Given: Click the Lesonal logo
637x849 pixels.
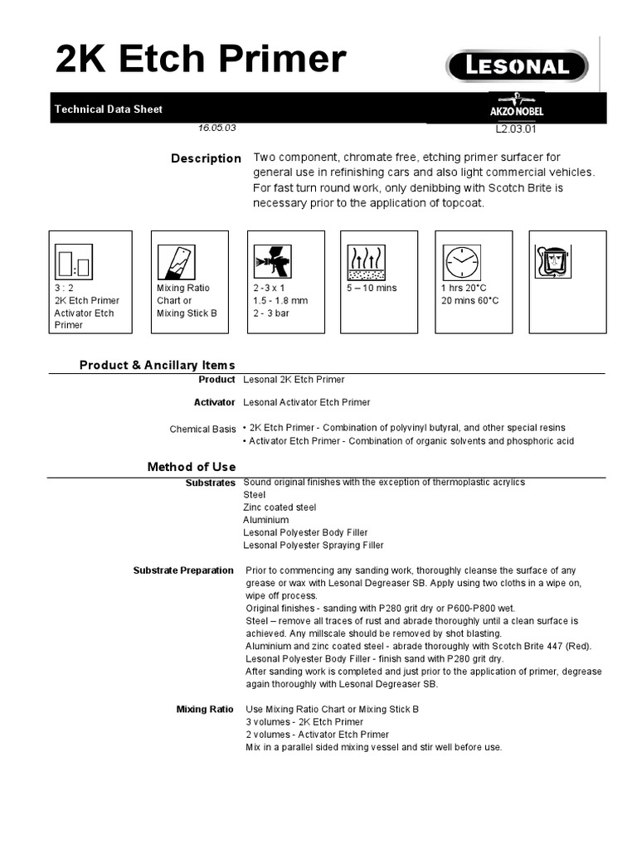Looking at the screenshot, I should click(x=517, y=66).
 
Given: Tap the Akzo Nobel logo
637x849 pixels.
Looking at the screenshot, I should click(x=517, y=108).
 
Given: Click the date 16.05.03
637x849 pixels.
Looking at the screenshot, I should click(x=217, y=129).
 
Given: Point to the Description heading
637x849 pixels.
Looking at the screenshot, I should click(x=206, y=158).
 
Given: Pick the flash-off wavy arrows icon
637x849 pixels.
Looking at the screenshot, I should click(x=369, y=260).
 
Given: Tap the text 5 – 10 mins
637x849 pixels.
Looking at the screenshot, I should click(x=372, y=289).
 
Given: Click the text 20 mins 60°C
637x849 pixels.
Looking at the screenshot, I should click(x=470, y=301).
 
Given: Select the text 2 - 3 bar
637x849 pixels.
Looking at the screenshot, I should click(x=271, y=313).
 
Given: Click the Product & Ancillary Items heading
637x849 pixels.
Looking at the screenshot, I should click(x=157, y=365).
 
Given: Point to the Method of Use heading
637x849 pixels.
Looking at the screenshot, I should click(x=192, y=467).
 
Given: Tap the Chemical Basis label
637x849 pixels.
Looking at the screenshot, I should click(x=202, y=429).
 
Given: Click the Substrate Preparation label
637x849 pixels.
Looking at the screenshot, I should click(x=183, y=570).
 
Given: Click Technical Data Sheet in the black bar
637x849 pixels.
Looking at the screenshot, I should click(x=108, y=109).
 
